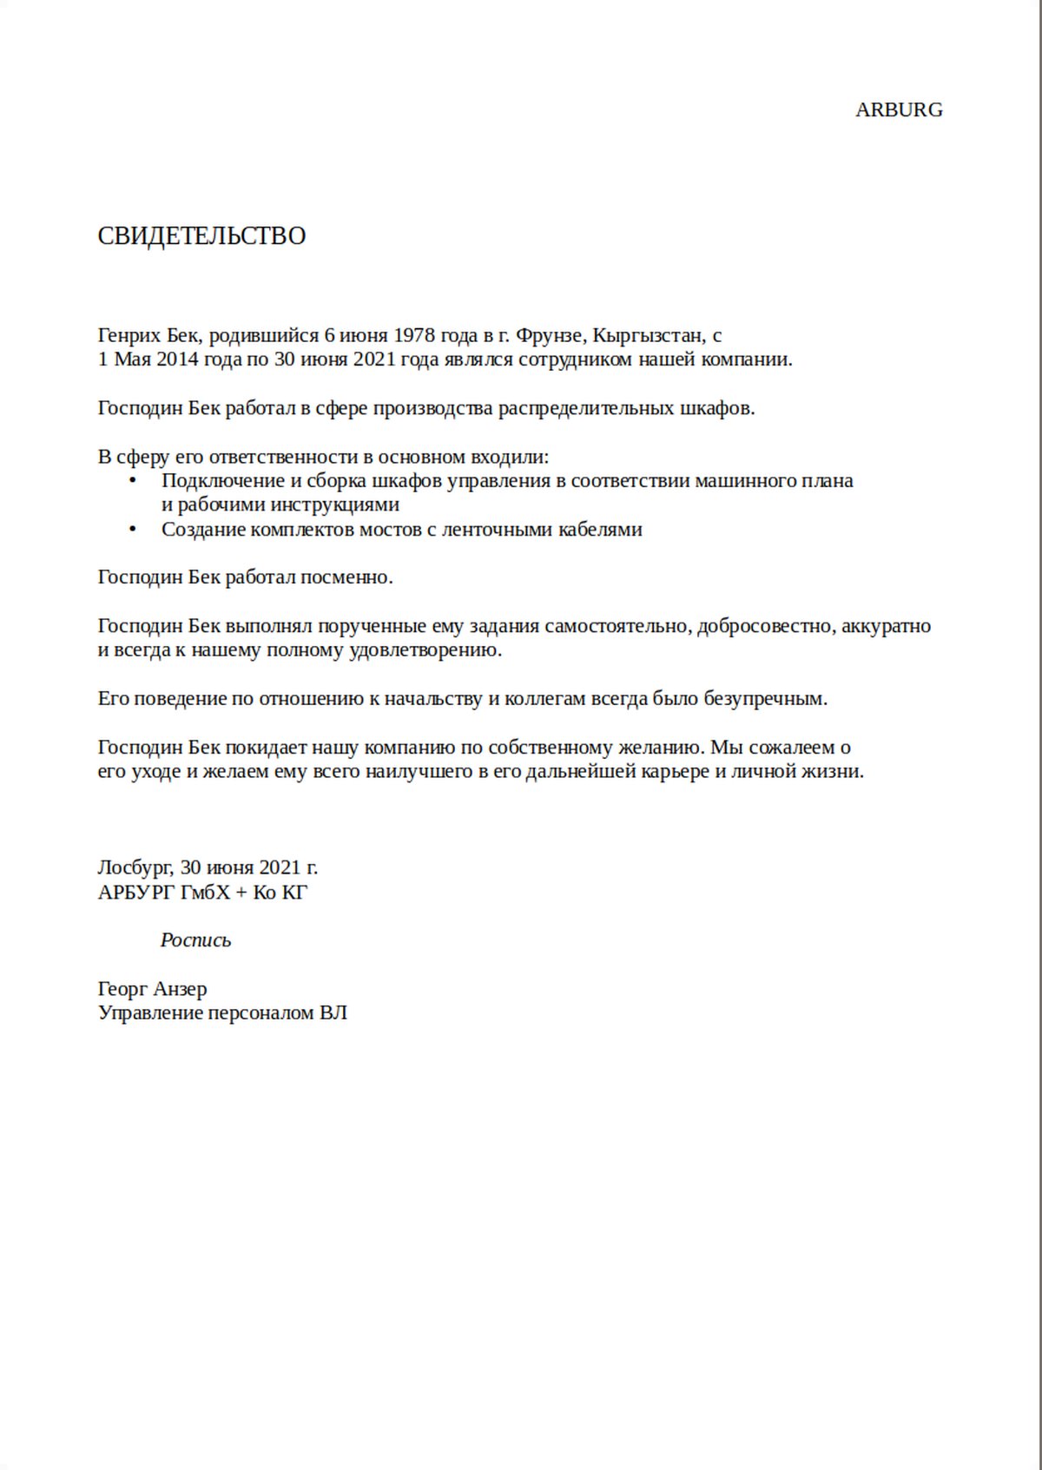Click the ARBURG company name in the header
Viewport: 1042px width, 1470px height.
tap(899, 110)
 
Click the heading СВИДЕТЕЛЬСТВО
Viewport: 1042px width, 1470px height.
tap(201, 236)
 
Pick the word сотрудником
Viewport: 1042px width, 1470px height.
tap(575, 359)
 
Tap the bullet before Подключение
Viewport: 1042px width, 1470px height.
tap(132, 480)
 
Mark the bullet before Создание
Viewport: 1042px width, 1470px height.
tap(132, 529)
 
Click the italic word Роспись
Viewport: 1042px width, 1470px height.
tap(196, 940)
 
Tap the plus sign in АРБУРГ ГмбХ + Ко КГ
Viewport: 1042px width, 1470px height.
tap(241, 893)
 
